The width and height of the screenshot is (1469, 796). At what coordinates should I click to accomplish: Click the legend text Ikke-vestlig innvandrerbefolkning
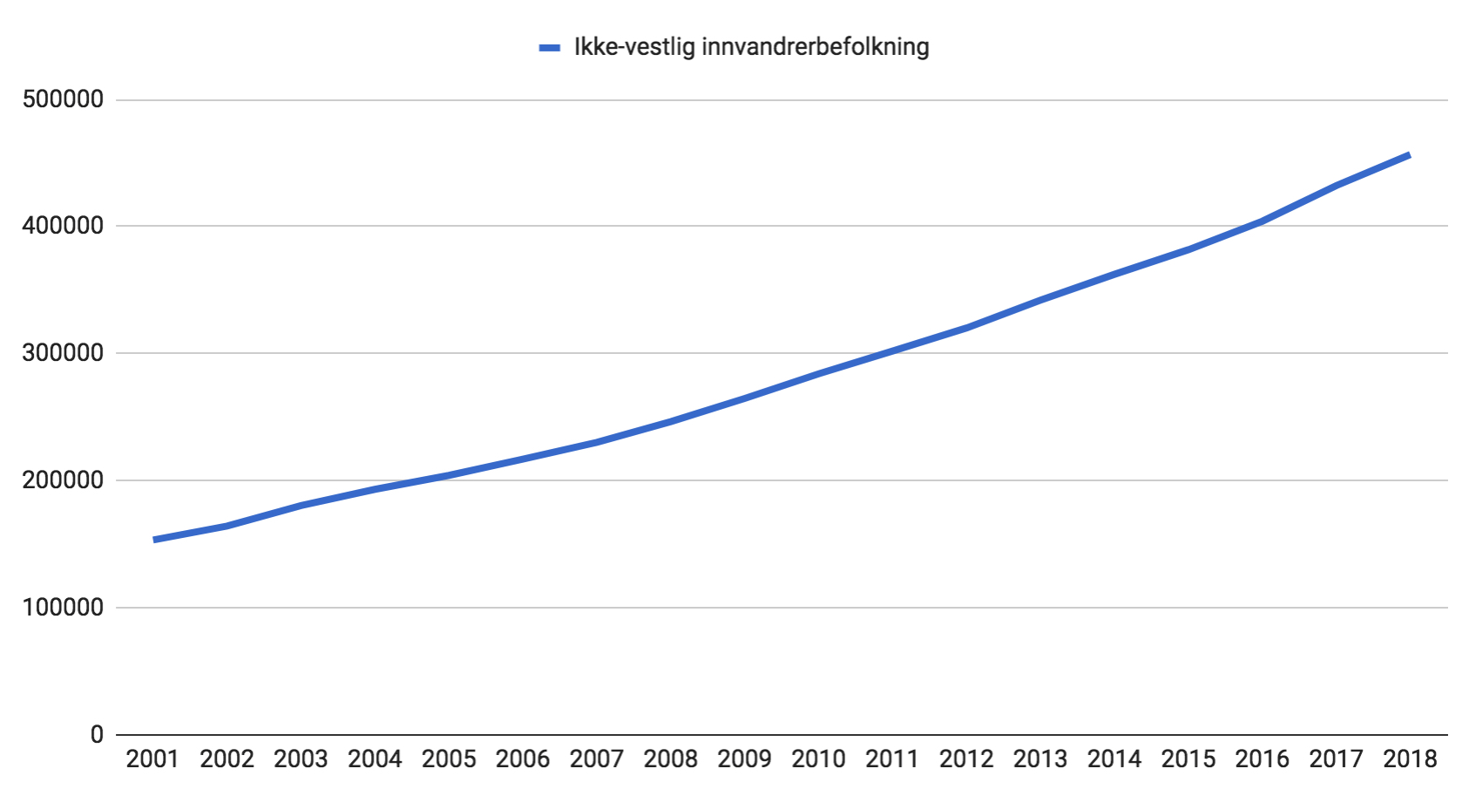[x=751, y=47]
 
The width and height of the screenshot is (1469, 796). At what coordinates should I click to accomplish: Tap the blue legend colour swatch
[x=550, y=48]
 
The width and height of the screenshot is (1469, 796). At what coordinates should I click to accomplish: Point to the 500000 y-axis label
[x=63, y=99]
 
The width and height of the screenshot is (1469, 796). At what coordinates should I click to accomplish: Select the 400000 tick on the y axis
[x=63, y=226]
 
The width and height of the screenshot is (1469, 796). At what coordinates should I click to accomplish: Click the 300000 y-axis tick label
[x=63, y=353]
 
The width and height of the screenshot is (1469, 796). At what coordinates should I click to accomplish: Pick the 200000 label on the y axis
[x=63, y=480]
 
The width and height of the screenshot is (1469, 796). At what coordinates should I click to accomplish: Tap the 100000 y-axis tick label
[x=63, y=608]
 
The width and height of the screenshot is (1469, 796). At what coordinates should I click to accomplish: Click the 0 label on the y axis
[x=97, y=735]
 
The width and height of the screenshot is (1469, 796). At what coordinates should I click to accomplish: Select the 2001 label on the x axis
[x=152, y=759]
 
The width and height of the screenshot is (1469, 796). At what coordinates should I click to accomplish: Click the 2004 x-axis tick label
[x=375, y=759]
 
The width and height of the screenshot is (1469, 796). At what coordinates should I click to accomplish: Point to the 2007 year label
[x=597, y=759]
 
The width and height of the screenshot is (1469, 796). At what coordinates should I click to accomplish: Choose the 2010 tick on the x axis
[x=818, y=759]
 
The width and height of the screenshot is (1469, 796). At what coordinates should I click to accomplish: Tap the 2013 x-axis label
[x=1040, y=759]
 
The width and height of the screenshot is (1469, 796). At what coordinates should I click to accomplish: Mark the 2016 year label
[x=1263, y=759]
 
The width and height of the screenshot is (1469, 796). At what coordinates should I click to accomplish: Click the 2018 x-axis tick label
[x=1410, y=759]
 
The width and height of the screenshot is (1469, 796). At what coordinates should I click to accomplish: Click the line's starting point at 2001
[x=154, y=540]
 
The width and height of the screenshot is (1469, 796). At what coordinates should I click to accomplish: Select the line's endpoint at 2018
[x=1409, y=155]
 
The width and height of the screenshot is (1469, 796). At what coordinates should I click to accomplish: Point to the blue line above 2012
[x=966, y=328]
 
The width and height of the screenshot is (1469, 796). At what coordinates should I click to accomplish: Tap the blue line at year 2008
[x=671, y=421]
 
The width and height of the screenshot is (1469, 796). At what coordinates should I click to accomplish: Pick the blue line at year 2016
[x=1263, y=221]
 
